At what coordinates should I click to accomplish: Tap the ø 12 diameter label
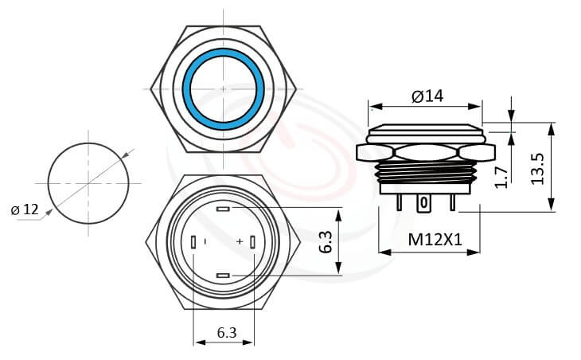25,209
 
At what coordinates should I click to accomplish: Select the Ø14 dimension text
427,96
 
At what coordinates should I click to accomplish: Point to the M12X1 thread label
435,238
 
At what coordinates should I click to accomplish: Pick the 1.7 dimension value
501,177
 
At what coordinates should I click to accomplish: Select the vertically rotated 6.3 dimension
326,241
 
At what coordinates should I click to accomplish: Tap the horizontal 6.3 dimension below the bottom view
226,333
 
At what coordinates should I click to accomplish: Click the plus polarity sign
239,241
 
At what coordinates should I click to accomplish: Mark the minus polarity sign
205,241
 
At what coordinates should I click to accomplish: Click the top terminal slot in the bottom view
223,209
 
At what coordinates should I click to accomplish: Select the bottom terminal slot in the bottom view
223,275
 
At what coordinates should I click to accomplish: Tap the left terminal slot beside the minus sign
193,242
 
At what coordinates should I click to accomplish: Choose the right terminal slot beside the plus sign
253,242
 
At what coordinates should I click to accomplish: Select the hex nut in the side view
427,151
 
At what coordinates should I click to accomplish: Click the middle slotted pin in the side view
425,204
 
